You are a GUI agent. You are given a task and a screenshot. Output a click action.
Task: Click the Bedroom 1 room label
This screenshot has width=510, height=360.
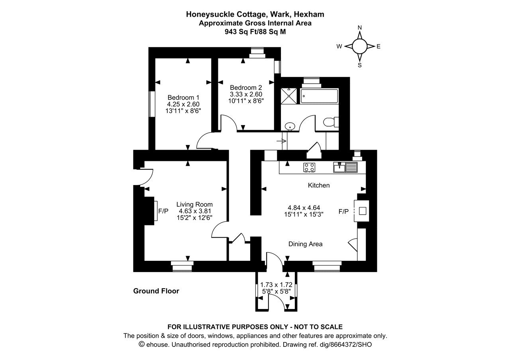pos(183,98)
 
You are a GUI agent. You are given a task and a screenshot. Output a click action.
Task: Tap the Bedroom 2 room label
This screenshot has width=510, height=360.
pos(246,88)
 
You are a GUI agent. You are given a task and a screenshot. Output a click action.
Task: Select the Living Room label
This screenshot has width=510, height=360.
pos(194,204)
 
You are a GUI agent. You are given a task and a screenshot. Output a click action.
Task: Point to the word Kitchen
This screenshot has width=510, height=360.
pos(319,185)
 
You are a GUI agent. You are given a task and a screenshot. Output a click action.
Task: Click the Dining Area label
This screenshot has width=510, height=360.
pos(305,244)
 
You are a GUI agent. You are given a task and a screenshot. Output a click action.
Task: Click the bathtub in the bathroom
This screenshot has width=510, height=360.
pos(319,96)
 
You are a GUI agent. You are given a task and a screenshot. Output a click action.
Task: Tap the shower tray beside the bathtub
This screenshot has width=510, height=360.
pos(289,96)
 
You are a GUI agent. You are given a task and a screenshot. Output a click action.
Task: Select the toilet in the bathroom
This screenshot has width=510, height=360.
pos(331,122)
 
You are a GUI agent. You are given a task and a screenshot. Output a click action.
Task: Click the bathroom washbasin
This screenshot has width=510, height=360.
pos(290,126)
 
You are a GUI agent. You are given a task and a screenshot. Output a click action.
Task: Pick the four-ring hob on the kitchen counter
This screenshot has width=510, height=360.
pos(309,168)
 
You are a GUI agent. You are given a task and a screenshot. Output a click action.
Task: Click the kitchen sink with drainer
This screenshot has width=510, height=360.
pos(345,167)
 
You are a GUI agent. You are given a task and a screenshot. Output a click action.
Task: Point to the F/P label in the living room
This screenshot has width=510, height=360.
pos(163,211)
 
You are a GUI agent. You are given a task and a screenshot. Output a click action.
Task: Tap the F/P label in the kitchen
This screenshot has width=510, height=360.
pos(343,211)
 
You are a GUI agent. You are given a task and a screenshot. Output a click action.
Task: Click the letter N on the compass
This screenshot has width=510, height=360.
pos(360,28)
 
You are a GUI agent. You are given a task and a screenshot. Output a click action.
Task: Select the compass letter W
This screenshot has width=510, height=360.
pos(339,47)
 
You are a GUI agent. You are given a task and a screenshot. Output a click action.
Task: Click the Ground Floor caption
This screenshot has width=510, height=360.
pos(156,291)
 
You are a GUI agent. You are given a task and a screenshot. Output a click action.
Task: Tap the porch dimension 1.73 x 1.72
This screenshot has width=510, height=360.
pos(276,285)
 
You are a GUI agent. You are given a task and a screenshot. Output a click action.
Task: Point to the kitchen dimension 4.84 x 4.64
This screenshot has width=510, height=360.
pos(304,207)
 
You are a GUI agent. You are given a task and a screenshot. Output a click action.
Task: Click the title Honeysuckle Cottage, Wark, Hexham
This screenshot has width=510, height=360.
pos(255,14)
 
